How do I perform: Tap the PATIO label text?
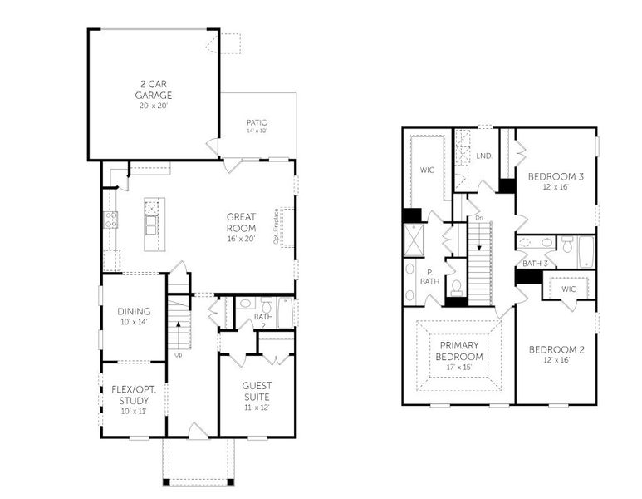point(257,122)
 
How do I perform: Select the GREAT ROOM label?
point(241,222)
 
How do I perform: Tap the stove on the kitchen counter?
point(110,220)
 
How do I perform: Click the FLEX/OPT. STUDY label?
point(133,399)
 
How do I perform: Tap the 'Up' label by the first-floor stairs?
point(178,355)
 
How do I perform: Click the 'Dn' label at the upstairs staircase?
point(479,218)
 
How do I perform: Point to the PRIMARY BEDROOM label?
point(461,351)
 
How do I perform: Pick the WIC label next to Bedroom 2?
point(568,289)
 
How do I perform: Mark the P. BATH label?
point(430,276)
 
